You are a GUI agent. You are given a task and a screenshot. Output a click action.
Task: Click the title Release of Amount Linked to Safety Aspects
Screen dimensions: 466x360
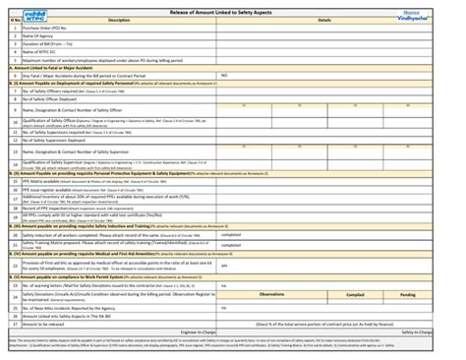[x=232, y=9]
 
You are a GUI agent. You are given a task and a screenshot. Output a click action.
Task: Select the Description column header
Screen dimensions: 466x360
[x=118, y=20]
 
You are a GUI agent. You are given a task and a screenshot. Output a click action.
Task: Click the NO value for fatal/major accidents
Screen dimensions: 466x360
[x=224, y=75]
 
